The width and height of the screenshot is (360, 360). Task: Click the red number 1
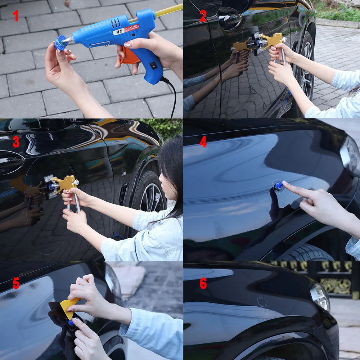[15, 16]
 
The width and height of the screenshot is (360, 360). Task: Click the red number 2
[203, 16]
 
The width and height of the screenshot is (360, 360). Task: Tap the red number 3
[16, 142]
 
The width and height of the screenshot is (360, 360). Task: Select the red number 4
[203, 142]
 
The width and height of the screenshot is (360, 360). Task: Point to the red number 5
[16, 283]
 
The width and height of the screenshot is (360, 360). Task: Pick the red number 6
[203, 283]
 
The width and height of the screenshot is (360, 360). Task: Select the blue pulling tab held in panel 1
[61, 43]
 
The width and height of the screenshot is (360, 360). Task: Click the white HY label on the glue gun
[120, 31]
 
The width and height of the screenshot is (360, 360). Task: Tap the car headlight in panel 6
[320, 296]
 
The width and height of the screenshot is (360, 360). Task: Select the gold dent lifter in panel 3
[65, 184]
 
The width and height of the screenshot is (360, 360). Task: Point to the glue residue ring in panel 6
[262, 302]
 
